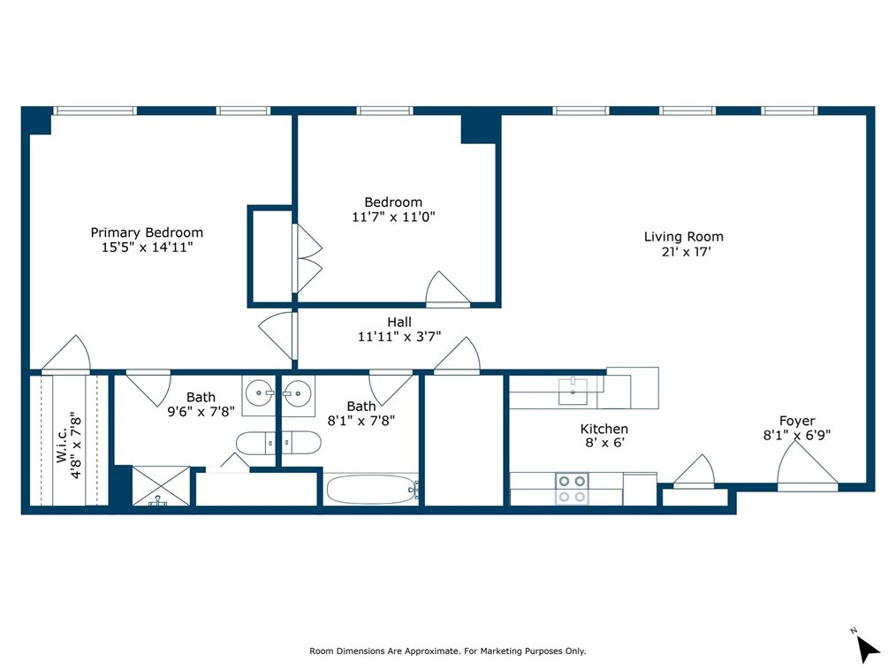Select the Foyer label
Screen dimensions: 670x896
[x=796, y=421]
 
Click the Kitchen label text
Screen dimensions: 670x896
[x=605, y=429]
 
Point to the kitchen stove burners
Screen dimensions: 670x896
[x=572, y=488]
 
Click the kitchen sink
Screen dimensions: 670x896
[x=573, y=388]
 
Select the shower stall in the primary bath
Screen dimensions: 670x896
[x=160, y=486]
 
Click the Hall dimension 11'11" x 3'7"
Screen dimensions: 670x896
[x=399, y=337]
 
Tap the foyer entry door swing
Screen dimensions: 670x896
[x=806, y=465]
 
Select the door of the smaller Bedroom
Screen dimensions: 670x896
[x=447, y=289]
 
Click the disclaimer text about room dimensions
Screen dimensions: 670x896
[x=447, y=651]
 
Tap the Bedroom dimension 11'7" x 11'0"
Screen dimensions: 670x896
[x=393, y=216]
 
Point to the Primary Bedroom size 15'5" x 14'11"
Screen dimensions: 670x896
[x=147, y=247]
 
